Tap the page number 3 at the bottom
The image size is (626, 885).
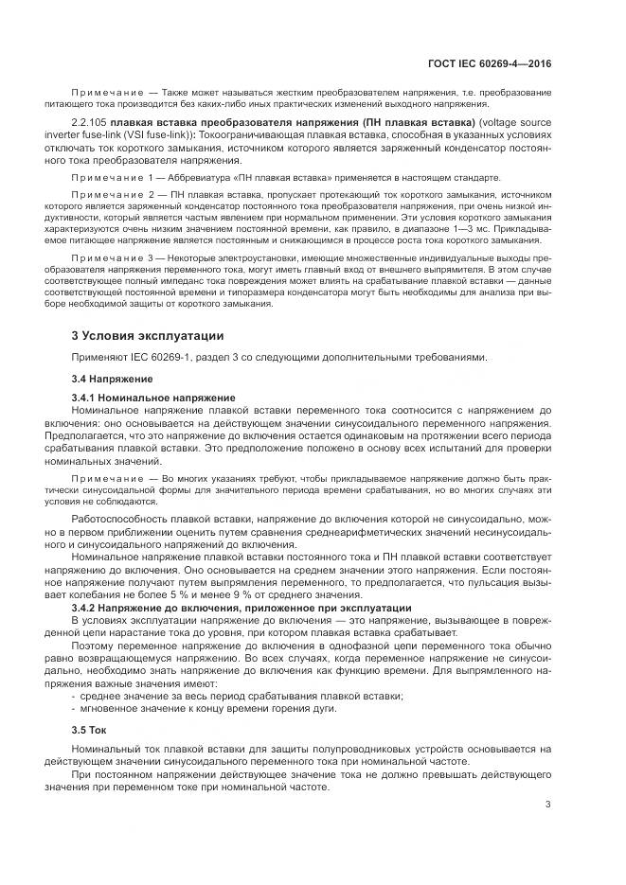coord(547,805)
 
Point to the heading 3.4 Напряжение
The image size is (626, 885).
coord(112,379)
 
